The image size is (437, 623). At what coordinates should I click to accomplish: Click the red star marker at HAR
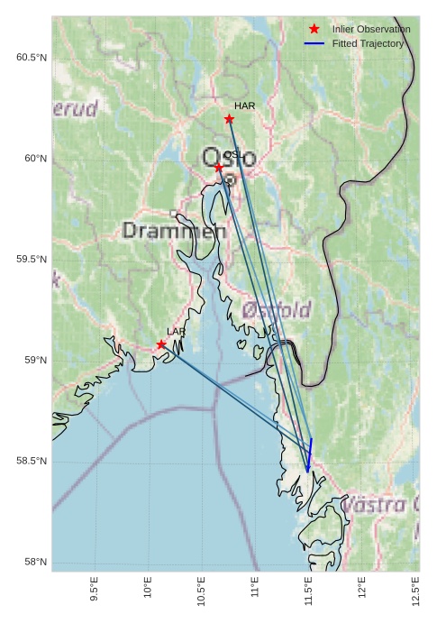click(x=229, y=119)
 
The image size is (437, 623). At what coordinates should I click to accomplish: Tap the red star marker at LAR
click(x=161, y=344)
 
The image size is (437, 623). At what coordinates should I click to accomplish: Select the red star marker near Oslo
click(x=219, y=167)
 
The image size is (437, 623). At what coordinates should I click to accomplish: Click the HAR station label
click(x=245, y=106)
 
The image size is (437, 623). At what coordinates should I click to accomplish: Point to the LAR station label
click(x=176, y=332)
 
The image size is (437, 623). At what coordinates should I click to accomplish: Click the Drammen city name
click(x=174, y=231)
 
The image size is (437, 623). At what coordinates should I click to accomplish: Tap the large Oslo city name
click(x=230, y=159)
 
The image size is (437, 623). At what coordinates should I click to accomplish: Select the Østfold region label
click(x=277, y=309)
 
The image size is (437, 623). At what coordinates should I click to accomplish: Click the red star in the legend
click(x=314, y=30)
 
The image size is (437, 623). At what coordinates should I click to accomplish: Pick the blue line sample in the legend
click(x=314, y=43)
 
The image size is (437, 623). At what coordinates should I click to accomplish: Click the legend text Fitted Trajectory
click(x=368, y=43)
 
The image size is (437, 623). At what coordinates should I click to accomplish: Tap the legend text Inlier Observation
click(x=370, y=30)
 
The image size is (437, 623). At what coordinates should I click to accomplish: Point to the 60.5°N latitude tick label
click(x=31, y=58)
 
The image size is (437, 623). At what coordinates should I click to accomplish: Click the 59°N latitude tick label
click(x=34, y=361)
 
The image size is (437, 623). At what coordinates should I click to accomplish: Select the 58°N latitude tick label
click(x=34, y=563)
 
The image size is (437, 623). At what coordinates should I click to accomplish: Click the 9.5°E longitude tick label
click(x=95, y=588)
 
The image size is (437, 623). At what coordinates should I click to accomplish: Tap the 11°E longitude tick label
click(x=255, y=588)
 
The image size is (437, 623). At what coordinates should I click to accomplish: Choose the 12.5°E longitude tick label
click(x=415, y=588)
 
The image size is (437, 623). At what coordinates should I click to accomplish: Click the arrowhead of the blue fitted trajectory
click(x=308, y=469)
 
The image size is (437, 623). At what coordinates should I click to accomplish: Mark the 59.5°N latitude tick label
click(x=31, y=260)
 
